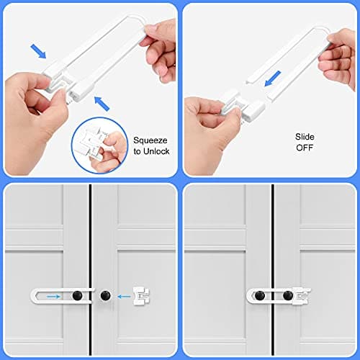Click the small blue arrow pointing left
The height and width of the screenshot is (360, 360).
click(x=122, y=294)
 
